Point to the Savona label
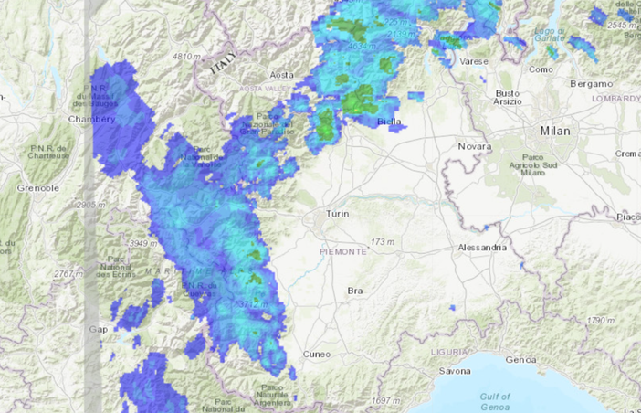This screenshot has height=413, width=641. (x=455, y=372)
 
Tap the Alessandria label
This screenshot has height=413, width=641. (x=482, y=248)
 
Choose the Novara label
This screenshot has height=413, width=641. (x=474, y=146)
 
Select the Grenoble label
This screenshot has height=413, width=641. (x=37, y=187)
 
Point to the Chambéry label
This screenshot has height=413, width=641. (x=91, y=119)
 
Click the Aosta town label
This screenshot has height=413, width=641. (x=281, y=74)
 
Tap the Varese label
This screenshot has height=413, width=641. (x=474, y=61)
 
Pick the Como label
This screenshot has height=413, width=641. (x=541, y=69)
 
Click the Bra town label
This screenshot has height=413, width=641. (x=355, y=291)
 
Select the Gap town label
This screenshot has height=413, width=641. (x=98, y=329)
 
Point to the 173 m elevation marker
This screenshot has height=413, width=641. (x=380, y=242)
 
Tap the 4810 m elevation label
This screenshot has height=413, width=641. (x=185, y=57)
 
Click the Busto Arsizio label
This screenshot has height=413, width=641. (x=507, y=98)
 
